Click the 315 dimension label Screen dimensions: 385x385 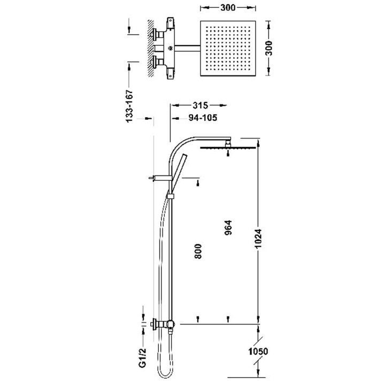pos(201,105)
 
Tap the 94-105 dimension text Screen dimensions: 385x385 pos(203,118)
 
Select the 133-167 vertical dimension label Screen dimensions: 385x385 pos(129,106)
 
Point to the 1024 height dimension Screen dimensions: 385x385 pos(258,238)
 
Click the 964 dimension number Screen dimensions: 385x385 pos(228,228)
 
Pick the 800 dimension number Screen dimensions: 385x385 pos(198,251)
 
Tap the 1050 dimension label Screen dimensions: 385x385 pos(258,351)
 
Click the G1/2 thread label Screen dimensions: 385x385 pos(143,358)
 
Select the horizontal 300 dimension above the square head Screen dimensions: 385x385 pos(228,8)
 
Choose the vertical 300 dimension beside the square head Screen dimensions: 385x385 pos(269,48)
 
